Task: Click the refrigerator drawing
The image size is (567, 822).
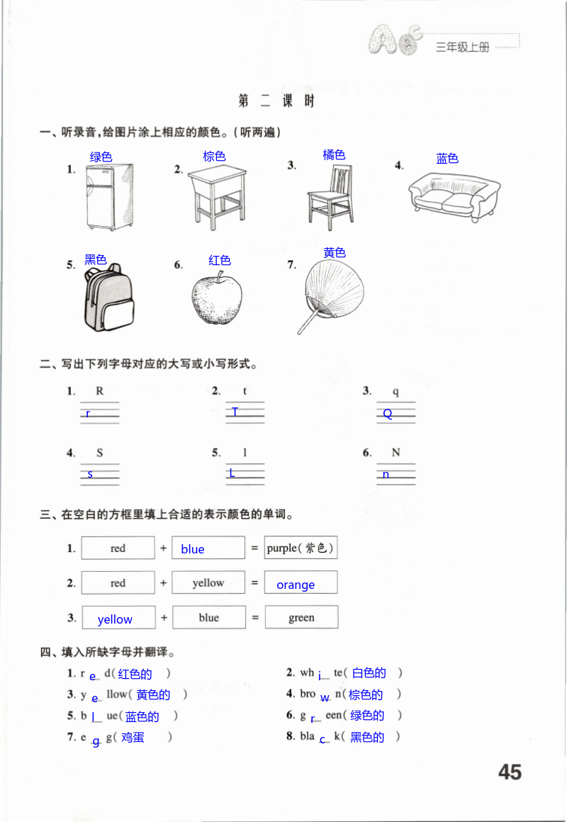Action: point(108,196)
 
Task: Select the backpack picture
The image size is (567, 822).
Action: point(108,300)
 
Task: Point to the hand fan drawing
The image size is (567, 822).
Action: point(326,292)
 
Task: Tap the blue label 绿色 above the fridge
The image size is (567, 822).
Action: point(101,157)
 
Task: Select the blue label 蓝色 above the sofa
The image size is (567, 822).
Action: point(447,159)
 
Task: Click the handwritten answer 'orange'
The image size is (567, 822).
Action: point(296,585)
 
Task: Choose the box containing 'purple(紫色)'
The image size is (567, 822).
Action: point(301,548)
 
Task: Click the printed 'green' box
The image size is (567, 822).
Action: point(301,618)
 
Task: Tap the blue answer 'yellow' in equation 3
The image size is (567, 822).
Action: point(115,619)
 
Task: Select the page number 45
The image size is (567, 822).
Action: point(510,772)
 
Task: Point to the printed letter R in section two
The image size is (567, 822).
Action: point(99,391)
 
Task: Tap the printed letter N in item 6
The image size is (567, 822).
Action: point(395,453)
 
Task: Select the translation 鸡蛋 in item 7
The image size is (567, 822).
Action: point(133,737)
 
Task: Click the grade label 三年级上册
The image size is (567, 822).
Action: point(462,47)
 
